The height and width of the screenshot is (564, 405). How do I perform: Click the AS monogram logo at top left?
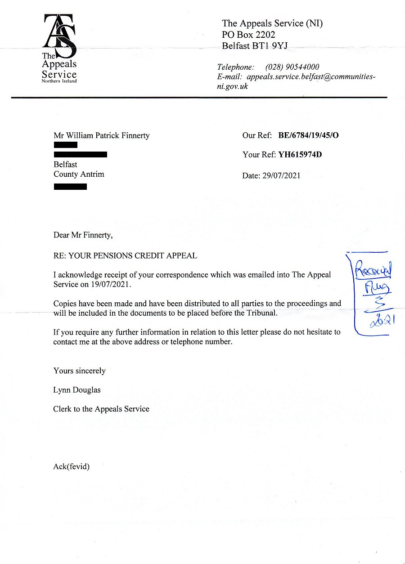[x=59, y=34]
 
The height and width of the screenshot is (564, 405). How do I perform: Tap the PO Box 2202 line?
[x=248, y=35]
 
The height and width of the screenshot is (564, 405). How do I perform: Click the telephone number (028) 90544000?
[x=292, y=67]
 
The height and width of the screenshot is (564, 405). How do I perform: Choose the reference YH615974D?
[x=300, y=155]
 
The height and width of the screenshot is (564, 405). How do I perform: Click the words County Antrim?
[x=79, y=174]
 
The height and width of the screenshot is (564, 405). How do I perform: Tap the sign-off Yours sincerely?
[x=79, y=371]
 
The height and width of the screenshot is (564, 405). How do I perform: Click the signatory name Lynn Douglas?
[x=76, y=390]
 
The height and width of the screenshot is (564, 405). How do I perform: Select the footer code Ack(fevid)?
[x=72, y=467]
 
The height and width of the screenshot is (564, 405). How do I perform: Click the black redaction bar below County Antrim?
[x=70, y=186]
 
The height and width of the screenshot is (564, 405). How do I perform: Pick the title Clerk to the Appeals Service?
[x=101, y=409]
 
